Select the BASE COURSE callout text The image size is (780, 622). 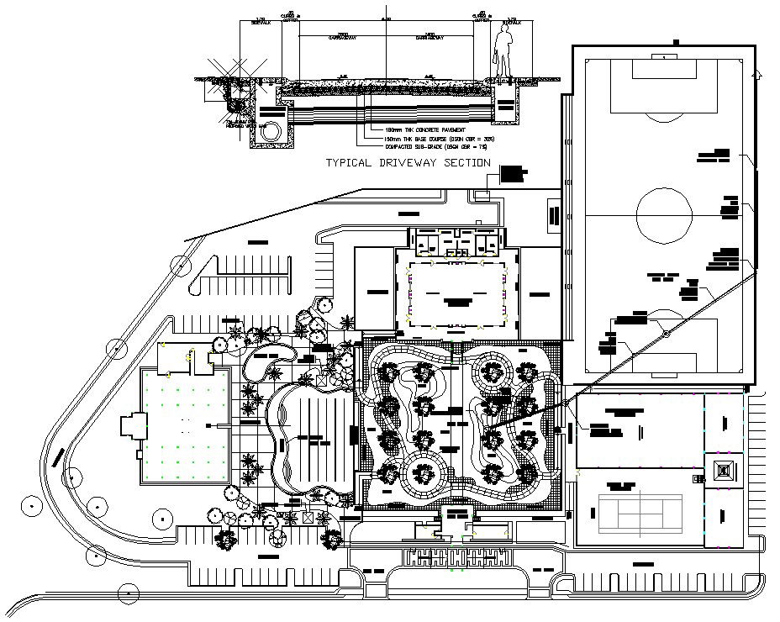coord(420,138)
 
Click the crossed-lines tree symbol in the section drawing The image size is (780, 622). coord(231,71)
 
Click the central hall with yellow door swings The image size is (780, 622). coord(459,292)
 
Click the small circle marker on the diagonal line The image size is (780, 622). coord(665,335)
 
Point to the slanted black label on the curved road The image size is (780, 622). coord(59,458)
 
